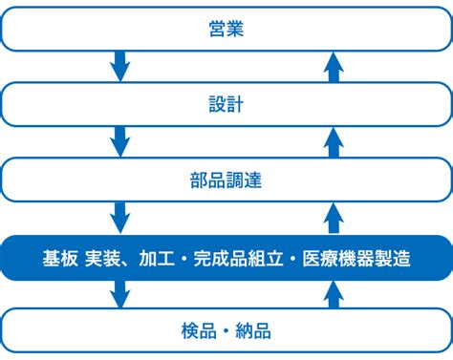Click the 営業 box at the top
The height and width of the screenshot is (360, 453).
click(x=226, y=29)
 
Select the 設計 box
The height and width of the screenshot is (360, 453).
click(x=226, y=104)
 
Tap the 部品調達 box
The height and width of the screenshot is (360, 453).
click(x=226, y=180)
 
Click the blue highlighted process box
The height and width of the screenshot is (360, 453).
click(x=226, y=258)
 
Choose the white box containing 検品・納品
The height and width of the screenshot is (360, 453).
click(x=226, y=331)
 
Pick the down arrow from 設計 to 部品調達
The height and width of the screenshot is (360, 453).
click(x=120, y=142)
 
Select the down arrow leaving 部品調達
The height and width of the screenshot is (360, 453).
click(x=120, y=218)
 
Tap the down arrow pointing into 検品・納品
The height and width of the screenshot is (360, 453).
click(x=120, y=293)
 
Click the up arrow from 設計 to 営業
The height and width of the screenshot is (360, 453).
click(x=333, y=66)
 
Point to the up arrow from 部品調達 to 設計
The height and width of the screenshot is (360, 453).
click(x=333, y=141)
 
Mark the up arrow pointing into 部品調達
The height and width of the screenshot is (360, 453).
click(x=333, y=217)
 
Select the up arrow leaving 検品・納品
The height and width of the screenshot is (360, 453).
click(x=333, y=292)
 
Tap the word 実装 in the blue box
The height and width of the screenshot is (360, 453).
click(x=102, y=258)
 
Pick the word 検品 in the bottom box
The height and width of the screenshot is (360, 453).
click(x=196, y=331)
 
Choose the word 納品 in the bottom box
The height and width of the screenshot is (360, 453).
click(x=256, y=331)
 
